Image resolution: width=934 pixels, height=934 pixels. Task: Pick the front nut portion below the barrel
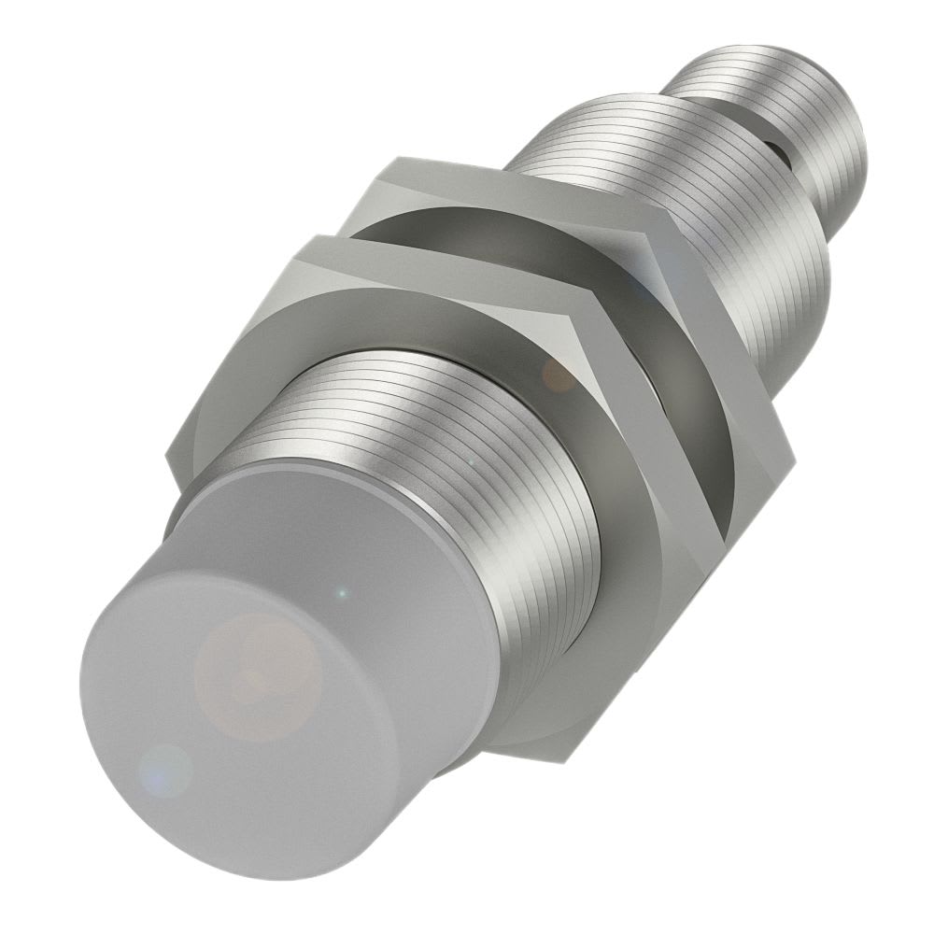pyautogui.click(x=560, y=710)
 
